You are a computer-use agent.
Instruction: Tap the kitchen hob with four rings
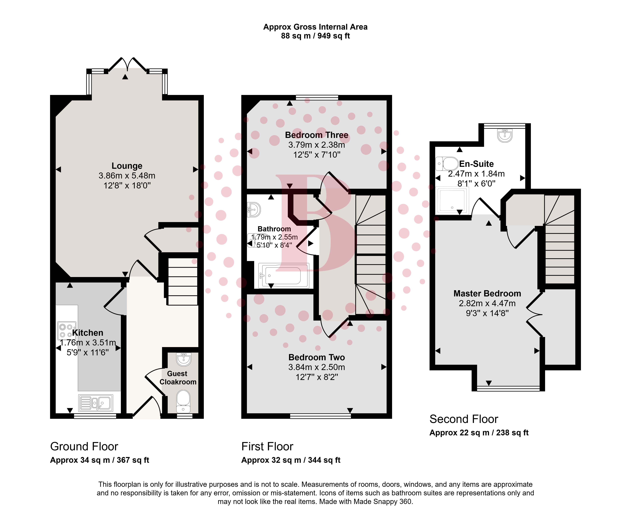[66, 331]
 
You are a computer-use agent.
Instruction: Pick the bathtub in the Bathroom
[283, 276]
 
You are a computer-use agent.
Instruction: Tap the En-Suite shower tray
[452, 200]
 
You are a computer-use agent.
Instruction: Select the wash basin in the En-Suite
[505, 136]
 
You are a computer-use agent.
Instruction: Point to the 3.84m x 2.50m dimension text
[317, 367]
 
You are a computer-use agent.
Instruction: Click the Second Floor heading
[464, 419]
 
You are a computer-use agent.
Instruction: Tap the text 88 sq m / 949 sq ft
[315, 36]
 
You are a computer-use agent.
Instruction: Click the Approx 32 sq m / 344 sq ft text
[291, 460]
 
